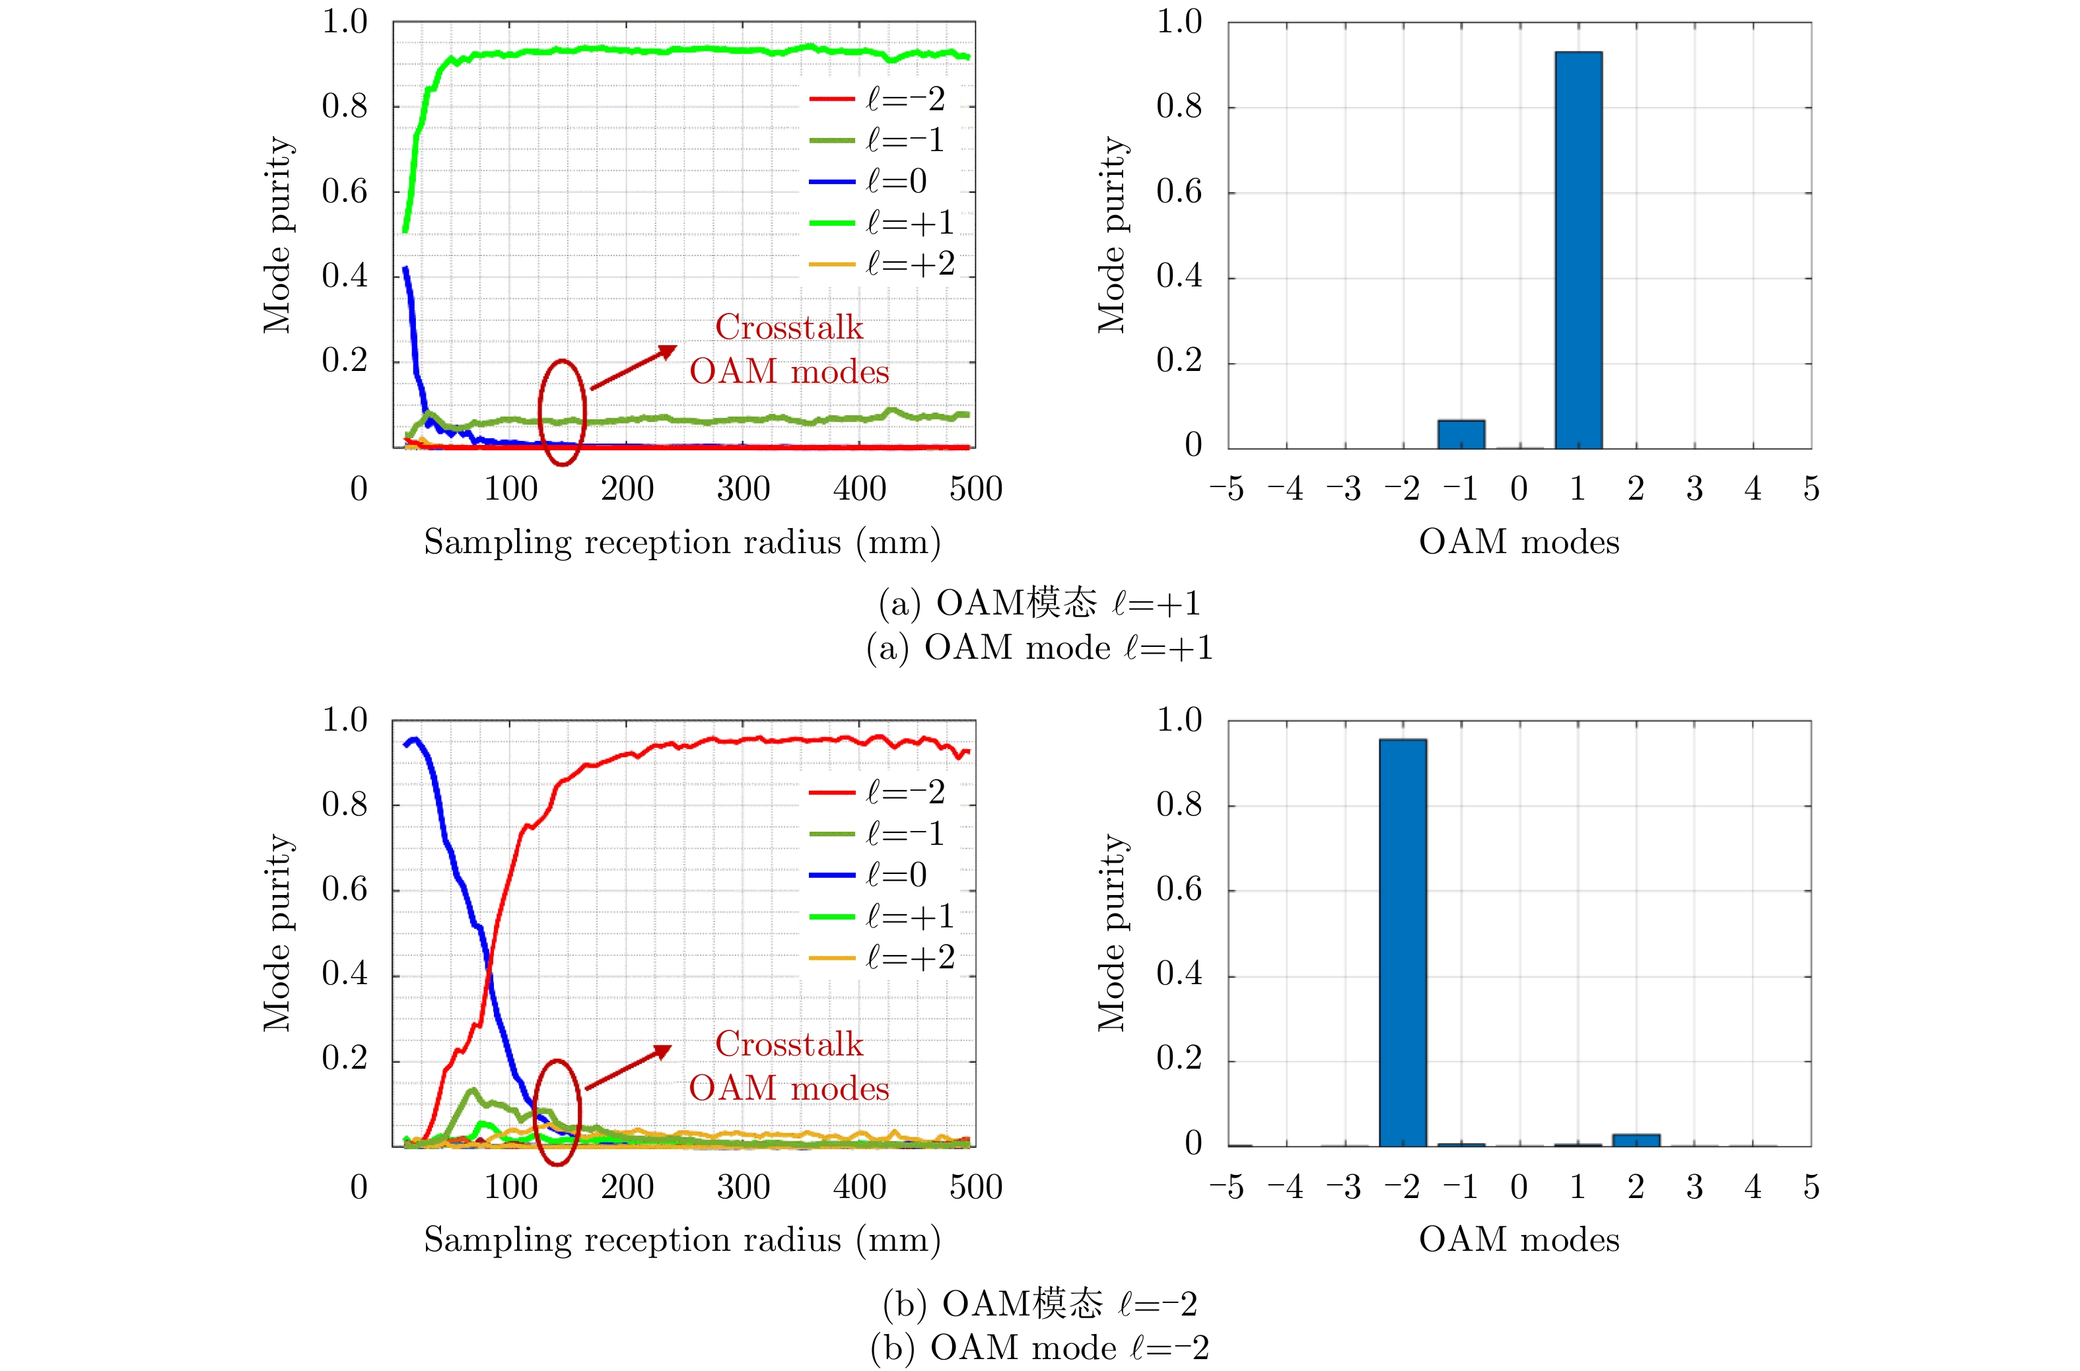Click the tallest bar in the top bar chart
(1578, 250)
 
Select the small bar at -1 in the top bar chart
(1461, 434)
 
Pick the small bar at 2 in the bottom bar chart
(1636, 1140)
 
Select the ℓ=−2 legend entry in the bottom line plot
(878, 792)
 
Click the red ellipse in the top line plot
(561, 412)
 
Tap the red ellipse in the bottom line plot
(557, 1112)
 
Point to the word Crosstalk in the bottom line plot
(789, 1044)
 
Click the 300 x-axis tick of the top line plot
(744, 488)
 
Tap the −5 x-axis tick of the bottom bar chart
(1226, 1187)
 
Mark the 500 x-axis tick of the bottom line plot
(975, 1187)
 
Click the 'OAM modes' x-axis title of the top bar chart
(1519, 542)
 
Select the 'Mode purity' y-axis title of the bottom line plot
(277, 933)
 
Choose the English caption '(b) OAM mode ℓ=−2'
(1039, 1347)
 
